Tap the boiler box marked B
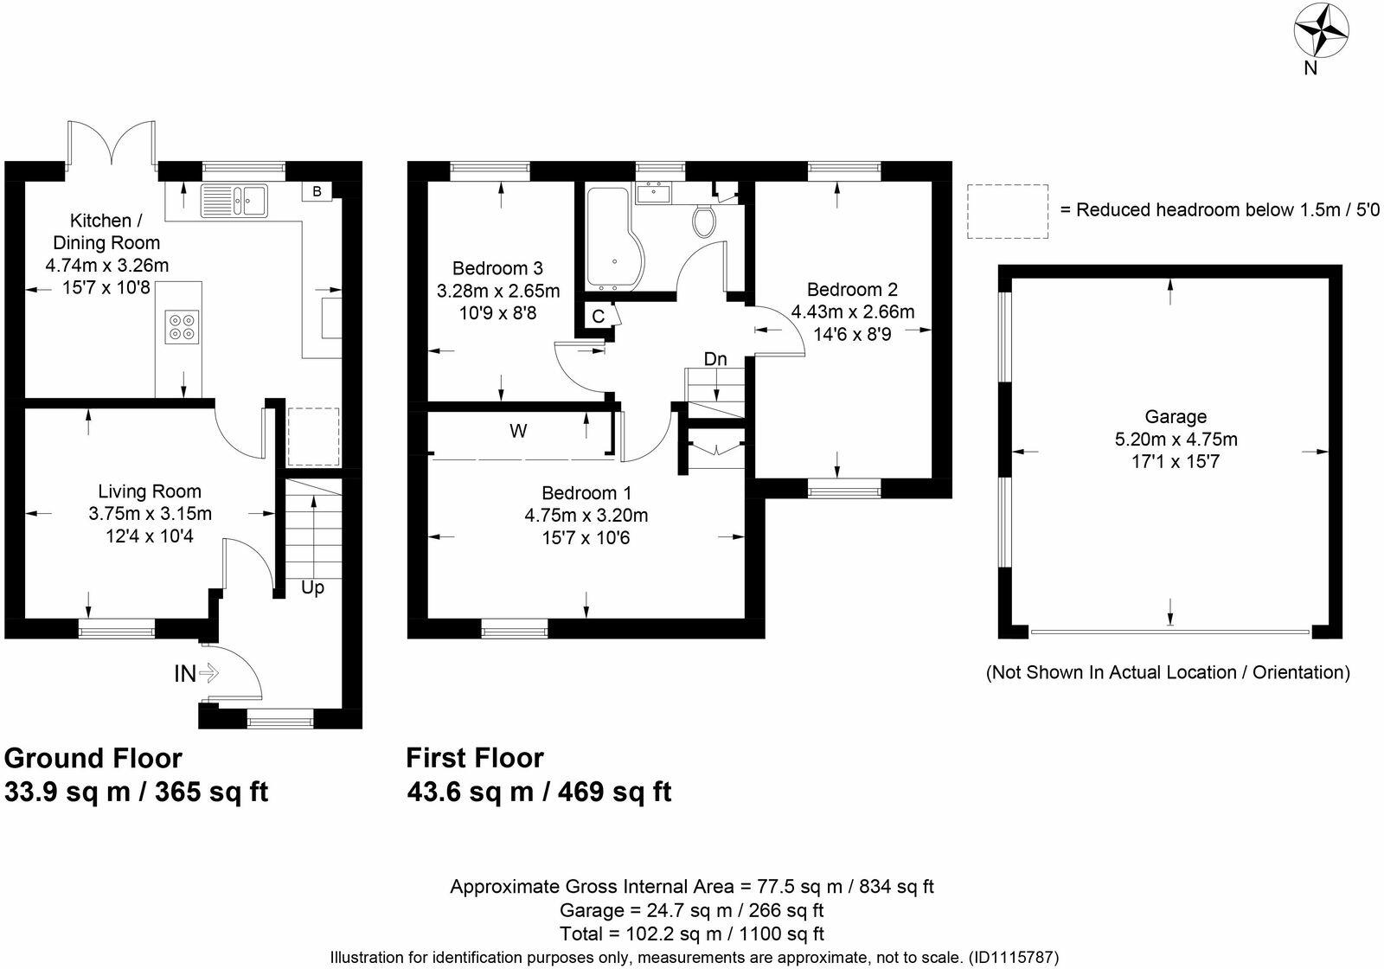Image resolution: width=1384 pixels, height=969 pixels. (317, 191)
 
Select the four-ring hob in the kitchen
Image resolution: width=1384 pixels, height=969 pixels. (183, 325)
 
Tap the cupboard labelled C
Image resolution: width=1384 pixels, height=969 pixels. (598, 317)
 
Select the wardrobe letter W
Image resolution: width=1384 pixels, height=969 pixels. (518, 431)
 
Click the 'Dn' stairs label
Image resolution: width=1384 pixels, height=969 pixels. (715, 359)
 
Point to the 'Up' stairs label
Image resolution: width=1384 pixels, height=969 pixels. (312, 587)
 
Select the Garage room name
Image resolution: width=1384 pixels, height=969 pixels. (1176, 417)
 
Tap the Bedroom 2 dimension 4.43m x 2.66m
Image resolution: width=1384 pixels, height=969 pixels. (853, 312)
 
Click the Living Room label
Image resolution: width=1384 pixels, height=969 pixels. (150, 491)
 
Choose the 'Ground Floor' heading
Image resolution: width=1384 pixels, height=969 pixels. (93, 758)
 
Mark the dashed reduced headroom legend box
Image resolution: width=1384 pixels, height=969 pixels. (1008, 211)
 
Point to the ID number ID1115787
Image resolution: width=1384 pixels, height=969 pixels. (1012, 958)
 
